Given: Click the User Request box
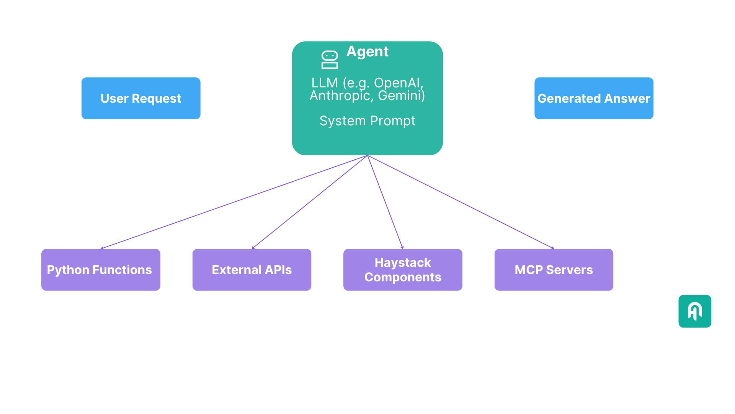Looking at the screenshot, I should (x=141, y=99).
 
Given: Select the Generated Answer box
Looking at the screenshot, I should (x=594, y=99).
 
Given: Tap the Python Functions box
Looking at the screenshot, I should (x=101, y=270).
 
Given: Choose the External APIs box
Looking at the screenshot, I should (x=252, y=270).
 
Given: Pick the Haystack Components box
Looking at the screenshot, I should (x=403, y=270).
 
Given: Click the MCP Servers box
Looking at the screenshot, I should (x=554, y=270).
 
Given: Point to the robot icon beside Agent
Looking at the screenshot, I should (x=330, y=60).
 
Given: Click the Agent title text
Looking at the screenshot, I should (x=367, y=51).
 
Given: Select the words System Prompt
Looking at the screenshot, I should (x=367, y=121).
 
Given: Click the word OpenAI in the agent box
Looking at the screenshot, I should (x=397, y=83).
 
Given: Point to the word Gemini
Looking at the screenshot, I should (x=400, y=95).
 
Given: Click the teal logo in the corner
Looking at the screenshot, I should (x=695, y=311).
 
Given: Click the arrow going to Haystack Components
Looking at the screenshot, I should (x=385, y=202).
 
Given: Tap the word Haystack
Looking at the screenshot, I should (x=403, y=263).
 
